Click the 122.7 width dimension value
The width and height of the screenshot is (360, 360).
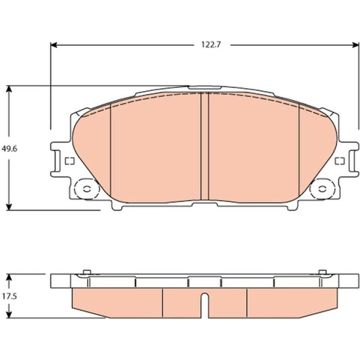coord(211,44)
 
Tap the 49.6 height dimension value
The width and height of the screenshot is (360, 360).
coord(9,149)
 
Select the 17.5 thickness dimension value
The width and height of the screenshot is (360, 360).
coord(9,296)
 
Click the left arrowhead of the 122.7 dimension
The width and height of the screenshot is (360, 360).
coord(54,45)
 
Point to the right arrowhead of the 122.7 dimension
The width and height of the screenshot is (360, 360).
coord(355,45)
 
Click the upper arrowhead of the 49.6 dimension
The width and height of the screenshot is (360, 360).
coord(9,89)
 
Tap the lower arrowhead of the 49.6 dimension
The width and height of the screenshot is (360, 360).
coord(9,207)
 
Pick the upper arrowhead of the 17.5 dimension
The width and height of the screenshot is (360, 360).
coord(9,277)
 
